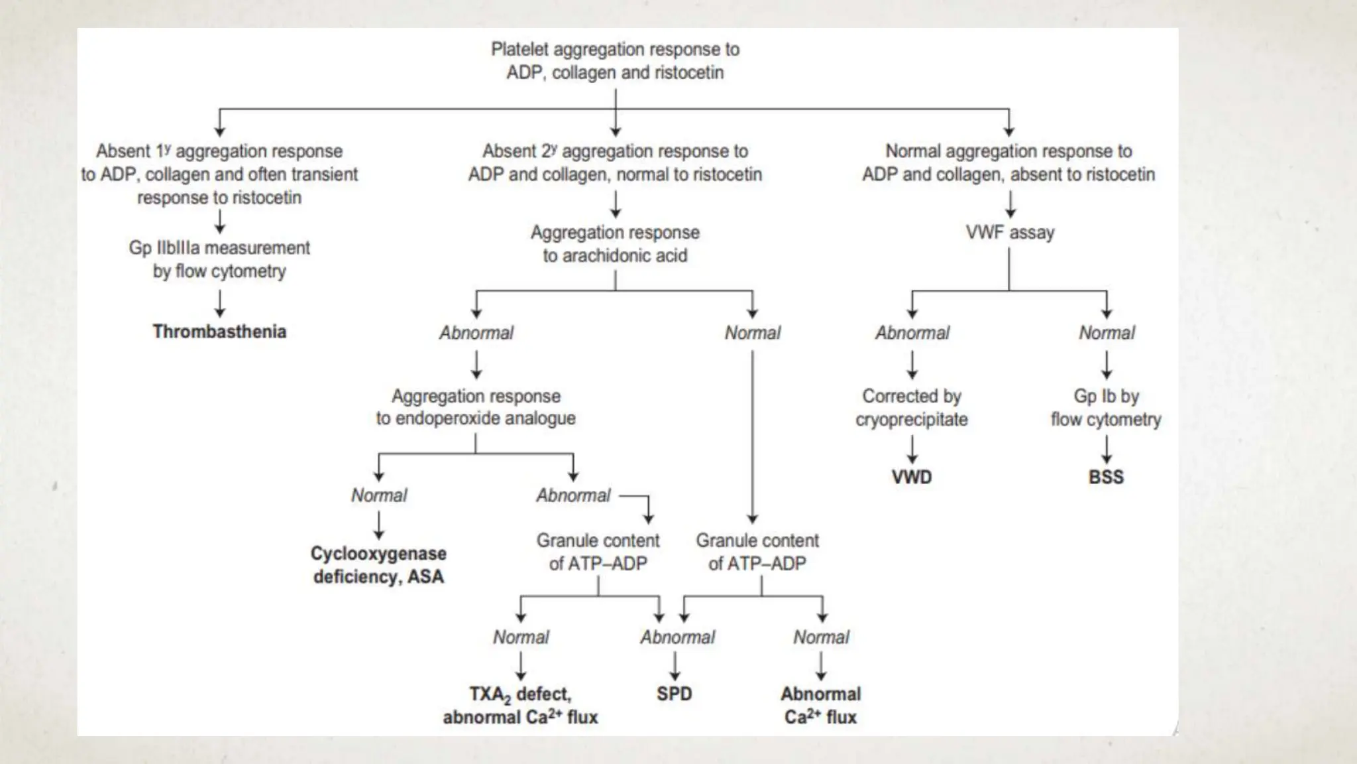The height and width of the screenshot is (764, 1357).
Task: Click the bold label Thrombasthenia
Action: pyautogui.click(x=219, y=332)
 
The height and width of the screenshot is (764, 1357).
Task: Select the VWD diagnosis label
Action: pyautogui.click(x=912, y=477)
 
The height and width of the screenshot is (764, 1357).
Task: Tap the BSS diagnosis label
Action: pyautogui.click(x=1106, y=477)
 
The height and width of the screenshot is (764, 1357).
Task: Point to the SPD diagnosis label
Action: pyautogui.click(x=674, y=694)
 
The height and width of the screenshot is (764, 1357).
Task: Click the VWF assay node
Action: pyautogui.click(x=1009, y=233)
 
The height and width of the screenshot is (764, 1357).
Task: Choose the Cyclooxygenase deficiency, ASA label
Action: pyautogui.click(x=378, y=565)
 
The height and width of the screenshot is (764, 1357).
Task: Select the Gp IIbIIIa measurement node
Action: pyautogui.click(x=219, y=259)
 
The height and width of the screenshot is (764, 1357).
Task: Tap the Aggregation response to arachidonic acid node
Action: pyautogui.click(x=615, y=244)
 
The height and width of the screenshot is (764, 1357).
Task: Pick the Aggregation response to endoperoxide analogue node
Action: pyautogui.click(x=476, y=407)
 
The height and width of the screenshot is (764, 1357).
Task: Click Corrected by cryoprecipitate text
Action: pyautogui.click(x=912, y=407)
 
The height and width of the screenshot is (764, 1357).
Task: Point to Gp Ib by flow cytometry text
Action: pyautogui.click(x=1106, y=407)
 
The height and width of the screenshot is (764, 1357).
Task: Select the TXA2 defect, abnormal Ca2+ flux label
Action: pyautogui.click(x=520, y=705)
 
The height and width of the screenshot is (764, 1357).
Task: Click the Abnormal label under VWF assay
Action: pyautogui.click(x=912, y=333)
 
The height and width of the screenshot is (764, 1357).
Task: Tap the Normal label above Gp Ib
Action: pyautogui.click(x=1107, y=333)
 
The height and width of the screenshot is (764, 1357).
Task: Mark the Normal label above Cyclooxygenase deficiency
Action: pyautogui.click(x=379, y=495)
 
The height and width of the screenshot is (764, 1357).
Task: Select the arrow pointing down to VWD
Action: pyautogui.click(x=912, y=449)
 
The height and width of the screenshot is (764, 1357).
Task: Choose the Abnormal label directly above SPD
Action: pyautogui.click(x=677, y=637)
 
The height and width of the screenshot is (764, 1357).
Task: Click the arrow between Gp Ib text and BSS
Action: pyautogui.click(x=1106, y=449)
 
